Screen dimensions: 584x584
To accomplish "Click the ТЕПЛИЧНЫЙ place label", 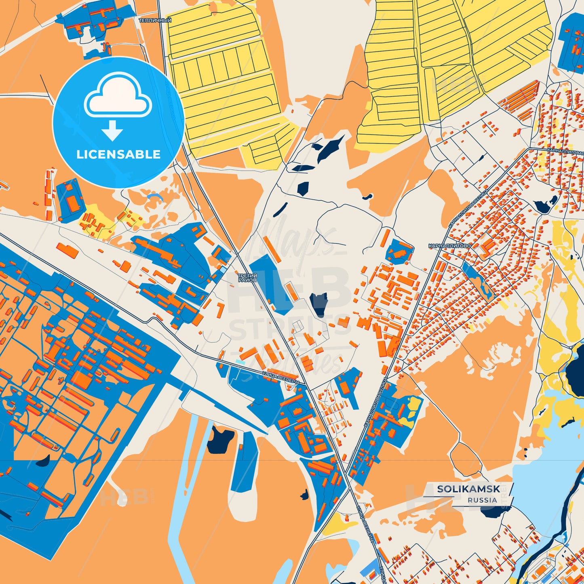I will point(155,20).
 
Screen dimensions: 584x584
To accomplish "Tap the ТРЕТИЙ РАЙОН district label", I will point(247,278).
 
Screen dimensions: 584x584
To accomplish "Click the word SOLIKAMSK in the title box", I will point(468,489).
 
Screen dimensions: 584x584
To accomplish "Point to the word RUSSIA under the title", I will point(482,500).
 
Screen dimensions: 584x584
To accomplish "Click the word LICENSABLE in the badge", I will point(118,154).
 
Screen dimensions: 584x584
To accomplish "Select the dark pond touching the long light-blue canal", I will point(220,440).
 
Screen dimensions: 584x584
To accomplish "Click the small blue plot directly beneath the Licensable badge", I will point(71,200).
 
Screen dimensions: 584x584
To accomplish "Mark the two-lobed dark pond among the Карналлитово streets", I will point(546,204).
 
